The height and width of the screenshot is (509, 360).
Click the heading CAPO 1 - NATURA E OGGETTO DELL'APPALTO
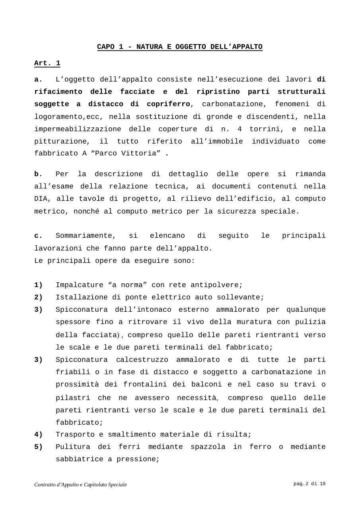[x=180, y=47]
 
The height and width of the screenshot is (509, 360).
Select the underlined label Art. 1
[x=47, y=63]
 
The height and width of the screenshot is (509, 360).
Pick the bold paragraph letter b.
[x=38, y=174]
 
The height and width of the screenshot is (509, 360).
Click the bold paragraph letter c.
[x=38, y=236]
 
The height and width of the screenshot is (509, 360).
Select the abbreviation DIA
[x=41, y=199]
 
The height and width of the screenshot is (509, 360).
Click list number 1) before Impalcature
[x=38, y=285]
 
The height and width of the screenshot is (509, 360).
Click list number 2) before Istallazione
[x=38, y=297]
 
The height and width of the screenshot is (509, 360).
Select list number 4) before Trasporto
[x=38, y=435]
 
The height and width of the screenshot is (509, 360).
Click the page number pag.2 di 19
[x=309, y=484]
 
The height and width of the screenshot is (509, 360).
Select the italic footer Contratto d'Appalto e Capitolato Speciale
[x=81, y=484]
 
